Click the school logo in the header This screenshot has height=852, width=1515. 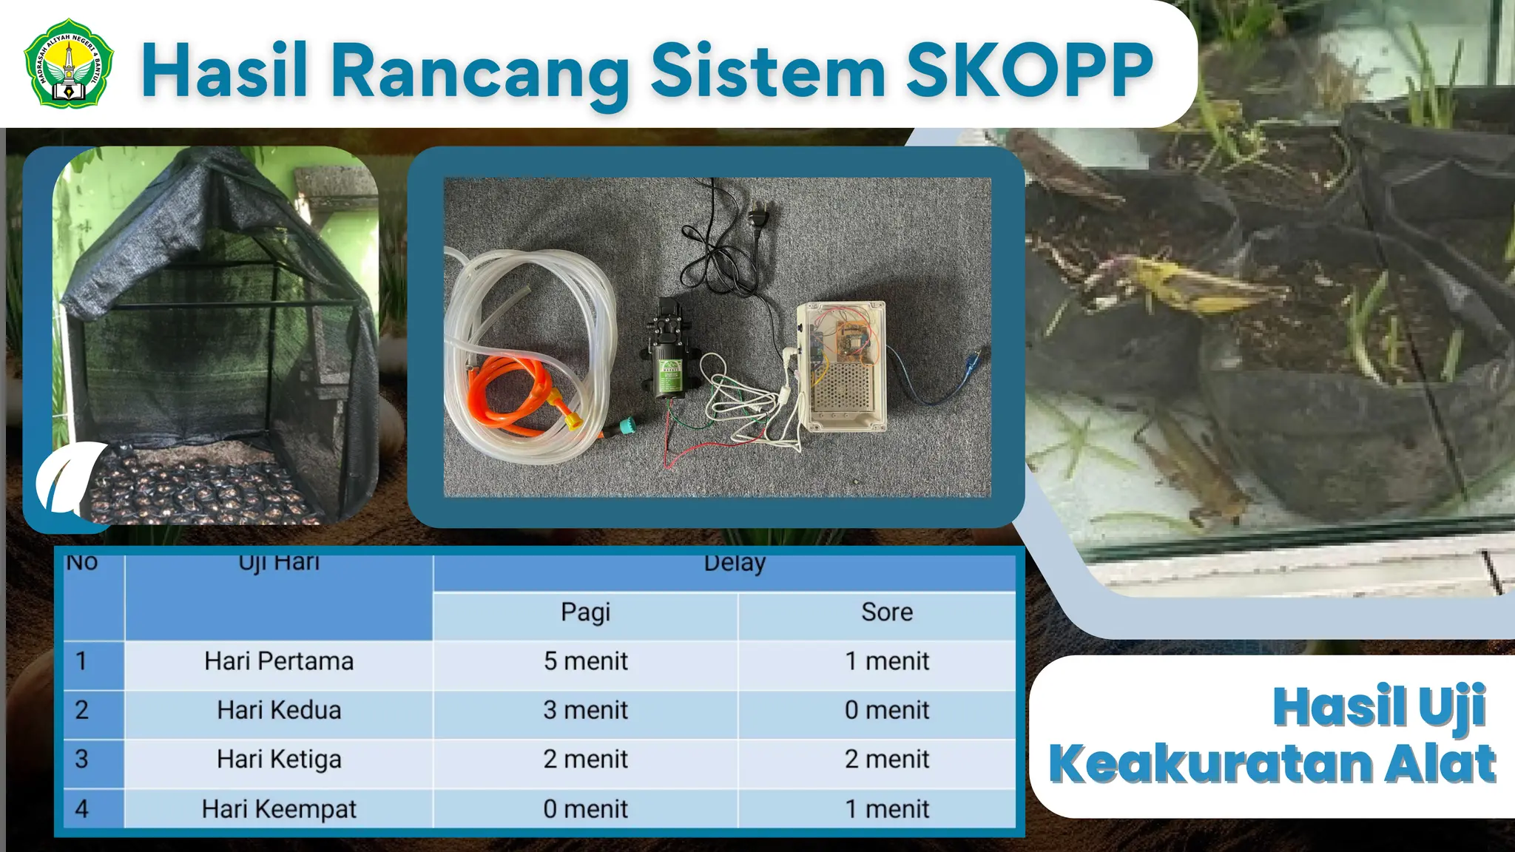coord(69,63)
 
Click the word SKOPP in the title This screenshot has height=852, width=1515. coord(1029,70)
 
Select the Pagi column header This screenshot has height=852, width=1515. coord(585,612)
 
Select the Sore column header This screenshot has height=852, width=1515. coord(886,612)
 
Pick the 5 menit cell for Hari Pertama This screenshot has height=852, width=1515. coord(585,661)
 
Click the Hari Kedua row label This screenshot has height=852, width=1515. coord(279,710)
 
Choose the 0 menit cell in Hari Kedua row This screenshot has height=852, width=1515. coord(886,710)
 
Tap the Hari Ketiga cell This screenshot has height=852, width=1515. coord(279,760)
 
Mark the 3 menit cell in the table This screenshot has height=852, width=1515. coord(585,710)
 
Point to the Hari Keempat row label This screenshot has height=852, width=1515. coord(279,809)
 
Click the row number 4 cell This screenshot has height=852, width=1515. coord(82,809)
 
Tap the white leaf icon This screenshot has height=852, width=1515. coord(70,477)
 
